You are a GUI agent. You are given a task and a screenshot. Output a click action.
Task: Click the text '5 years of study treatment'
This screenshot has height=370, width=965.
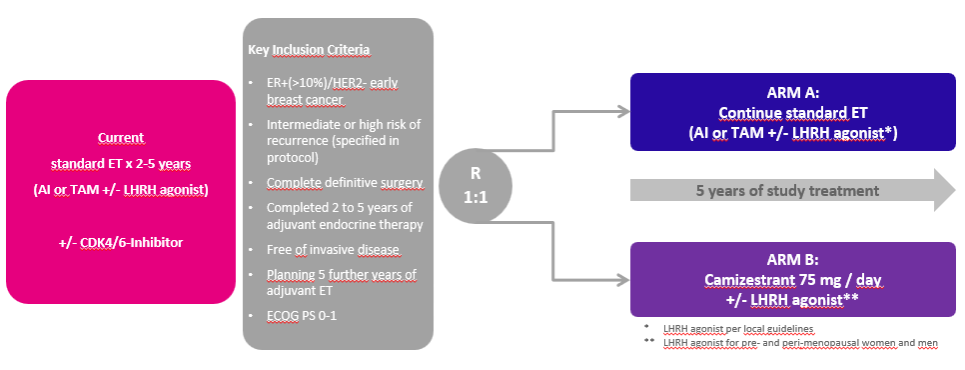pyautogui.click(x=787, y=191)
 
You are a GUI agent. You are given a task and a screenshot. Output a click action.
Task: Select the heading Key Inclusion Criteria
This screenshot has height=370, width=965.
pyautogui.click(x=310, y=49)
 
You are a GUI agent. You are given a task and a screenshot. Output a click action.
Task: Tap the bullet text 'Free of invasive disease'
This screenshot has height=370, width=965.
pyautogui.click(x=333, y=250)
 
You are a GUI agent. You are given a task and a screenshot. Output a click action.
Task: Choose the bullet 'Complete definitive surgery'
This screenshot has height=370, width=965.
pyautogui.click(x=345, y=183)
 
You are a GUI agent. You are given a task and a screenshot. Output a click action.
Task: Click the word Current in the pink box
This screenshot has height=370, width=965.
pyautogui.click(x=121, y=137)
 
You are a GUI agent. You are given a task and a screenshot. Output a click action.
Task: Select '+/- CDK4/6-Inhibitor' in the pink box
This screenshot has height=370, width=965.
pyautogui.click(x=120, y=243)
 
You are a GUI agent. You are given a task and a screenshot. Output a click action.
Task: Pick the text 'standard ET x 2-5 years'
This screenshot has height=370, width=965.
pyautogui.click(x=121, y=164)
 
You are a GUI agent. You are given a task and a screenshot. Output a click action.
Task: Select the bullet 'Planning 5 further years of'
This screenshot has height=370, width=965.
pyautogui.click(x=342, y=274)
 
